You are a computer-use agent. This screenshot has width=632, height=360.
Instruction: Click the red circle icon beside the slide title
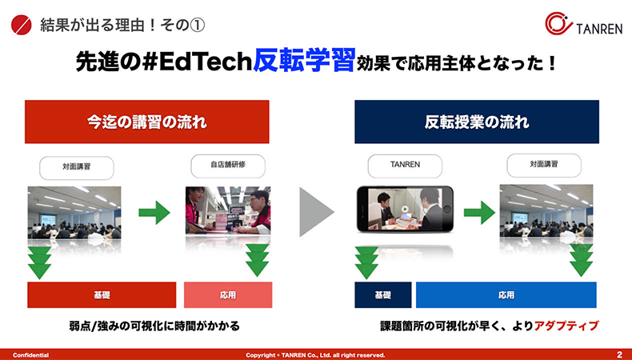pyautogui.click(x=22, y=25)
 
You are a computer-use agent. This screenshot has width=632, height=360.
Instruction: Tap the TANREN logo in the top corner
pyautogui.click(x=583, y=24)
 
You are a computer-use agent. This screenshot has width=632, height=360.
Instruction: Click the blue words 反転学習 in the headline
pyautogui.click(x=304, y=61)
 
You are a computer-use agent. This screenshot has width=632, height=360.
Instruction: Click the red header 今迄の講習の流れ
pyautogui.click(x=146, y=122)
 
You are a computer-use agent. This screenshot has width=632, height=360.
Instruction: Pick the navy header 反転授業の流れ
pyautogui.click(x=477, y=122)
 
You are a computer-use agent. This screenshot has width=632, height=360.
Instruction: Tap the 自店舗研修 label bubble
pyautogui.click(x=228, y=166)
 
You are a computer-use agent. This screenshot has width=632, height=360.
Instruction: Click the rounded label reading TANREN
pyautogui.click(x=405, y=166)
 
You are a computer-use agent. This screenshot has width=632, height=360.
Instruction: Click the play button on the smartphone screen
pyautogui.click(x=405, y=210)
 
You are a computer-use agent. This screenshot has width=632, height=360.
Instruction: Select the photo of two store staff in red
pyautogui.click(x=228, y=210)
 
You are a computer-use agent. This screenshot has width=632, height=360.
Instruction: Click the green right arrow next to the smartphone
pyautogui.click(x=480, y=212)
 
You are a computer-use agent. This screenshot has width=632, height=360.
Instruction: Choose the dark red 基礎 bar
pyautogui.click(x=102, y=295)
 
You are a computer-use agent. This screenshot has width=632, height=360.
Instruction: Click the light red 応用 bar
pyautogui.click(x=228, y=295)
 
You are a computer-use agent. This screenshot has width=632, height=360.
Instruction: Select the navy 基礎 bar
pyautogui.click(x=383, y=295)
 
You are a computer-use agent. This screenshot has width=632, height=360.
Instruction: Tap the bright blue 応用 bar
pyautogui.click(x=506, y=295)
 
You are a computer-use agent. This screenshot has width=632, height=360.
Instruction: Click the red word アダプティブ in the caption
pyautogui.click(x=566, y=326)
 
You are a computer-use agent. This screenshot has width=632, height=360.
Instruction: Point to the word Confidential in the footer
pyautogui.click(x=30, y=355)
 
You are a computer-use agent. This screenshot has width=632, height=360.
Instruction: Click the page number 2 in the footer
pyautogui.click(x=619, y=354)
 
